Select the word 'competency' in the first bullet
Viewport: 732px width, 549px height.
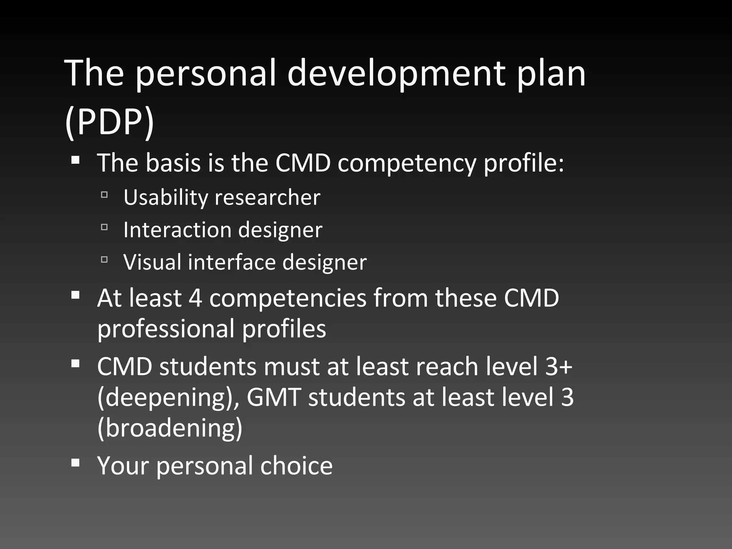(x=407, y=163)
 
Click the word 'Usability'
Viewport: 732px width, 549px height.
(x=165, y=197)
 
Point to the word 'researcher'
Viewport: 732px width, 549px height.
(x=267, y=197)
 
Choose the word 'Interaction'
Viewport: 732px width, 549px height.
(x=177, y=229)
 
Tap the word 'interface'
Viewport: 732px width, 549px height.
(x=232, y=262)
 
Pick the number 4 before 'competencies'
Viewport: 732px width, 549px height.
(x=195, y=298)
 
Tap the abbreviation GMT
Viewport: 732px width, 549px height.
(x=273, y=397)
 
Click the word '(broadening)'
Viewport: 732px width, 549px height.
(x=170, y=428)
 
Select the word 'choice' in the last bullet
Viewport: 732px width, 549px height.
(x=296, y=465)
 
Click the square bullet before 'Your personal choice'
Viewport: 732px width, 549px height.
(x=75, y=463)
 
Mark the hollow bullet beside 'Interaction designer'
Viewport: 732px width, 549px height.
(x=104, y=227)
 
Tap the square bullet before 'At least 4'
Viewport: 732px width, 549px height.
(x=75, y=295)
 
